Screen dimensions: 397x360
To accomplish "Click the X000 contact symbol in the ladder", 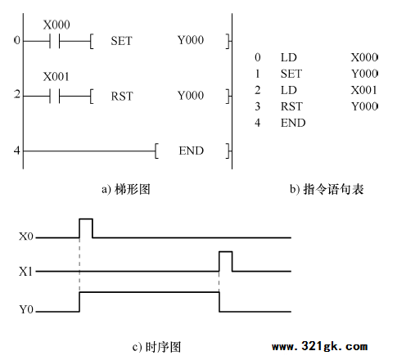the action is pos(55,41).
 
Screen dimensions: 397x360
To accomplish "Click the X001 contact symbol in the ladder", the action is pos(55,96).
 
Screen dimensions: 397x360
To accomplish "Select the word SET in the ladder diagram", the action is pos(121,41).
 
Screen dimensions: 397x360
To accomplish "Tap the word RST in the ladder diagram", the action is pos(122,97).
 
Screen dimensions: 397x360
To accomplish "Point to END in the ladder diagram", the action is pos(192,151).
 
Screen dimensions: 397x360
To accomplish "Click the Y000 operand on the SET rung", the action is pos(191,40).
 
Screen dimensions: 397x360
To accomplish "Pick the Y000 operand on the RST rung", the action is pos(191,96).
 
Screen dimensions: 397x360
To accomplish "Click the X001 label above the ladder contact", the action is pos(56,77).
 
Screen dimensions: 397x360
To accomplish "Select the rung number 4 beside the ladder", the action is pos(17,151).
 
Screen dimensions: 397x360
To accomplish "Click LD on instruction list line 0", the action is pos(289,57).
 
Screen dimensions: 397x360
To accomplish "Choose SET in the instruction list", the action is pos(291,74).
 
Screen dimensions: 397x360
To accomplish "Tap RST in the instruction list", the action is pos(291,106).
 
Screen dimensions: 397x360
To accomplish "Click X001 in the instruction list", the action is pos(363,90).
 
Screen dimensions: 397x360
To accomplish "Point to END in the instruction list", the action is pos(293,123).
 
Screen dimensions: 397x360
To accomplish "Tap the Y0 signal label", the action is pos(26,309).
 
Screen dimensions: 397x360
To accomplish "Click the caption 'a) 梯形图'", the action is pos(126,189).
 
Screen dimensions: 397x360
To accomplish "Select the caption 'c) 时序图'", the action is pos(156,347).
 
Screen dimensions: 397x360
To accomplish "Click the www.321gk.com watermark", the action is pos(319,346).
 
